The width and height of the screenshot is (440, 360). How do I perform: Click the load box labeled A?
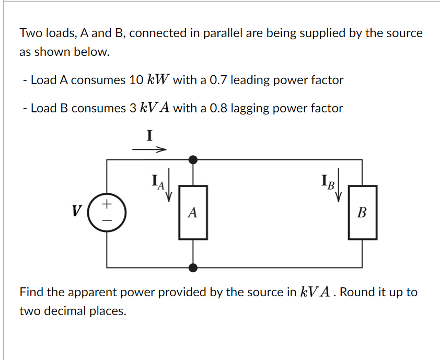click(193, 213)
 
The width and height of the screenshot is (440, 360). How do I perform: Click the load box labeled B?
click(363, 213)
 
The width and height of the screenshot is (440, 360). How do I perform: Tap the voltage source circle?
click(107, 212)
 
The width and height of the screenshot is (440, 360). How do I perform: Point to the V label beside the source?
click(76, 212)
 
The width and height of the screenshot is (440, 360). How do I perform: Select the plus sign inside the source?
click(107, 203)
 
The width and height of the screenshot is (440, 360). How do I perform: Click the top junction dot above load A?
click(193, 159)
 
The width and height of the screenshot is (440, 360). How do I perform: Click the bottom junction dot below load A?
click(193, 268)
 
